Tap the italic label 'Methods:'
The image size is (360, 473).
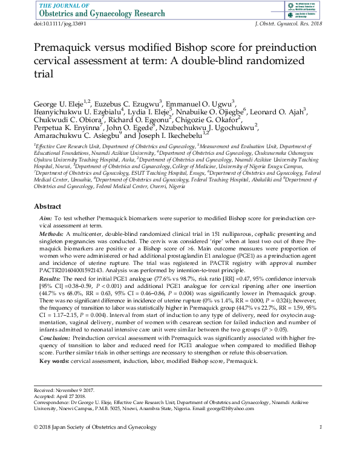pyautogui.click(x=51, y=233)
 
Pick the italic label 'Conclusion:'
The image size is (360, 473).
pyautogui.click(x=54, y=339)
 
